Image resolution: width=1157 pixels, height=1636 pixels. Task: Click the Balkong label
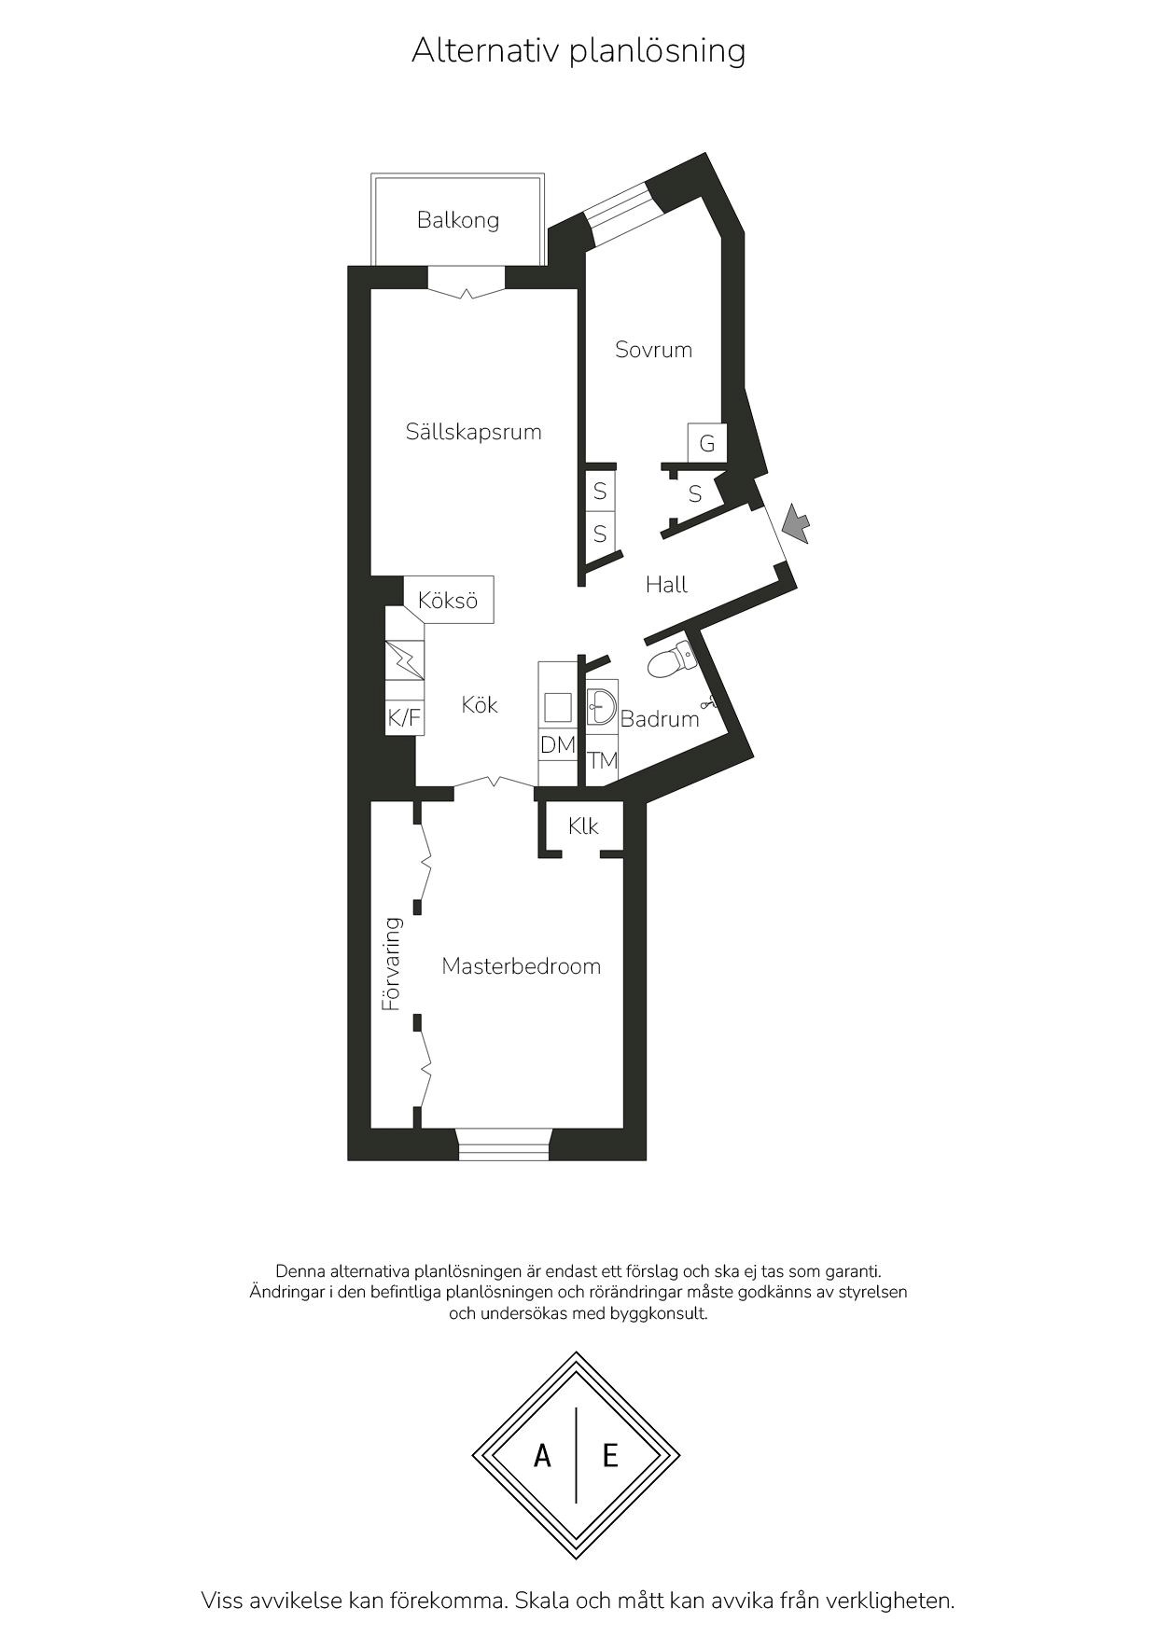click(458, 220)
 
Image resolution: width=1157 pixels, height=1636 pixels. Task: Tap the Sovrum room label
click(653, 350)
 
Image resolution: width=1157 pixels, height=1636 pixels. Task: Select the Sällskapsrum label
click(473, 432)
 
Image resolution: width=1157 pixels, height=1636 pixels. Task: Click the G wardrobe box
click(707, 443)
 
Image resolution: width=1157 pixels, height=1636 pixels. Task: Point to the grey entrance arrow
click(796, 523)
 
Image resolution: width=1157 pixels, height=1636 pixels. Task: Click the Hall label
click(666, 585)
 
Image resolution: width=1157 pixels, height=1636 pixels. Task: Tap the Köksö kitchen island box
click(449, 601)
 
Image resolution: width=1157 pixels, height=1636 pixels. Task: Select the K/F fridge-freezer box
click(405, 717)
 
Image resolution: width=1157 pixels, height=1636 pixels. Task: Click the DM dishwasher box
click(558, 744)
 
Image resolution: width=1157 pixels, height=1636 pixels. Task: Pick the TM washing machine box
click(603, 760)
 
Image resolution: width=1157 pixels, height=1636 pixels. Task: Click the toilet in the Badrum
click(672, 660)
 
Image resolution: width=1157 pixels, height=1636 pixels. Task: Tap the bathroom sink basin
click(602, 705)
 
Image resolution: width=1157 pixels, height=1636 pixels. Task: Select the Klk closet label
click(583, 826)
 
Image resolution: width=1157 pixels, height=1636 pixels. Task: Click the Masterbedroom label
click(521, 966)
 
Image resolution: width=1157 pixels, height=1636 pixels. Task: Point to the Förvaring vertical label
click(392, 964)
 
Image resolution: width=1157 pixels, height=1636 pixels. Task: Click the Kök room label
click(480, 705)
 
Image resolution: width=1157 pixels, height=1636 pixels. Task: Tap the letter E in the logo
click(610, 1455)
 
